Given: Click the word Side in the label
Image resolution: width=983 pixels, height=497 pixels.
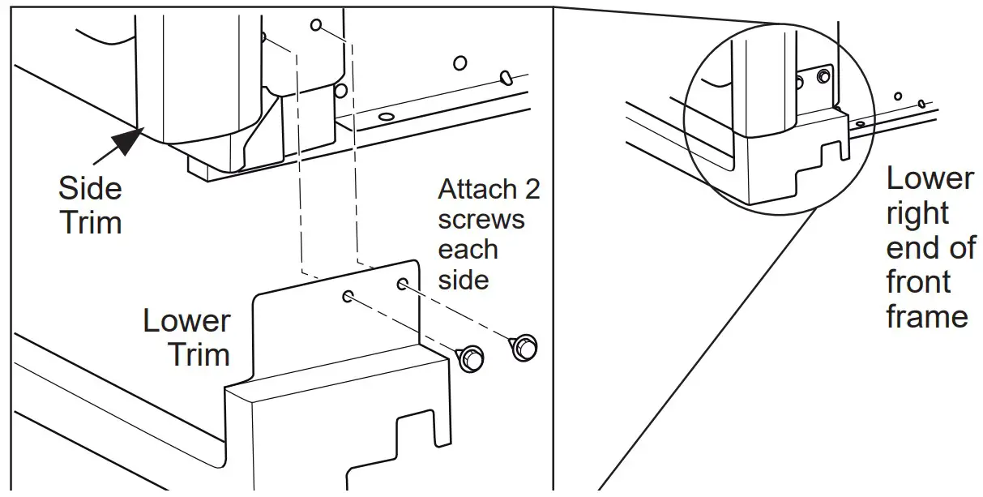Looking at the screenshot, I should click(x=90, y=189).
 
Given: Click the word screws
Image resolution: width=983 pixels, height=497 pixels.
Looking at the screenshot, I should click(x=481, y=220).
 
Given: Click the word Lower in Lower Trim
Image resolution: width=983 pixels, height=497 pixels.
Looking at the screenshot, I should click(x=186, y=321).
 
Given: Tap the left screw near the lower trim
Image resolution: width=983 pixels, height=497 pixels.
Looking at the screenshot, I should click(x=471, y=357).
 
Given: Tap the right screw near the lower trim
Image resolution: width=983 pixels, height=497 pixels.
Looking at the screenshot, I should click(x=524, y=346).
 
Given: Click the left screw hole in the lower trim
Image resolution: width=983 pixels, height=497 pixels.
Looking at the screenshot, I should click(x=348, y=296).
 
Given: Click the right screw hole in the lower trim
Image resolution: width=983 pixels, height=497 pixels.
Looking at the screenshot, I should click(x=402, y=284).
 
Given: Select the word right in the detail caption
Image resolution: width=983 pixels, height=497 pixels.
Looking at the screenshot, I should click(x=917, y=213).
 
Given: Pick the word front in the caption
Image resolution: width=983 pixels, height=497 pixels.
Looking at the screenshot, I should click(x=918, y=283).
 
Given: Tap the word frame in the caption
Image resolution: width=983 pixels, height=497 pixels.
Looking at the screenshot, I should click(x=927, y=316).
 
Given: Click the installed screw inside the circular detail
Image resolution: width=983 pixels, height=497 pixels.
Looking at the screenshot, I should click(x=823, y=77).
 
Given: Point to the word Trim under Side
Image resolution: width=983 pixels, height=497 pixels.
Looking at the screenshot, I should click(x=89, y=221).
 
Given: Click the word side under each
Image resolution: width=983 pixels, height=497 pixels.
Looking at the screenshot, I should click(x=464, y=280).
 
